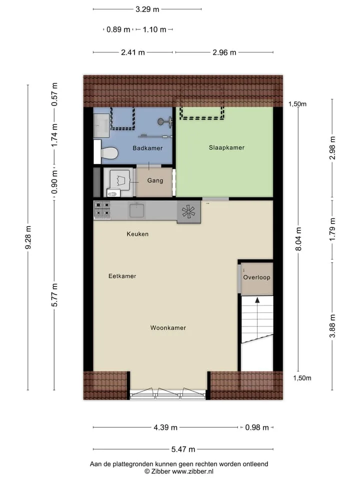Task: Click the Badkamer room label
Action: click(147, 148)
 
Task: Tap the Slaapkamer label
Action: click(226, 147)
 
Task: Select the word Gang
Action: click(155, 180)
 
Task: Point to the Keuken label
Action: click(137, 234)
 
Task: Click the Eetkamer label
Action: click(122, 276)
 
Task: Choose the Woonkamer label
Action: click(168, 328)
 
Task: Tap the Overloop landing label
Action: click(256, 277)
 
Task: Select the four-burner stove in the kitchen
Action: click(102, 209)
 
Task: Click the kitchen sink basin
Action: click(137, 210)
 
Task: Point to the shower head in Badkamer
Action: click(161, 121)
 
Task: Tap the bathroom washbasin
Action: click(101, 125)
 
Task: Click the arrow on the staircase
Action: click(257, 315)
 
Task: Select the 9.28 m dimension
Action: click(28, 237)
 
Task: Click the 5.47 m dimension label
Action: click(183, 449)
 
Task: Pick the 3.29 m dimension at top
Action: click(147, 9)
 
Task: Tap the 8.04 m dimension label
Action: click(298, 239)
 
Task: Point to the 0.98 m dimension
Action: click(257, 427)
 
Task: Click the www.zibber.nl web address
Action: click(192, 471)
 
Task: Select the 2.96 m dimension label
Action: click(224, 52)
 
